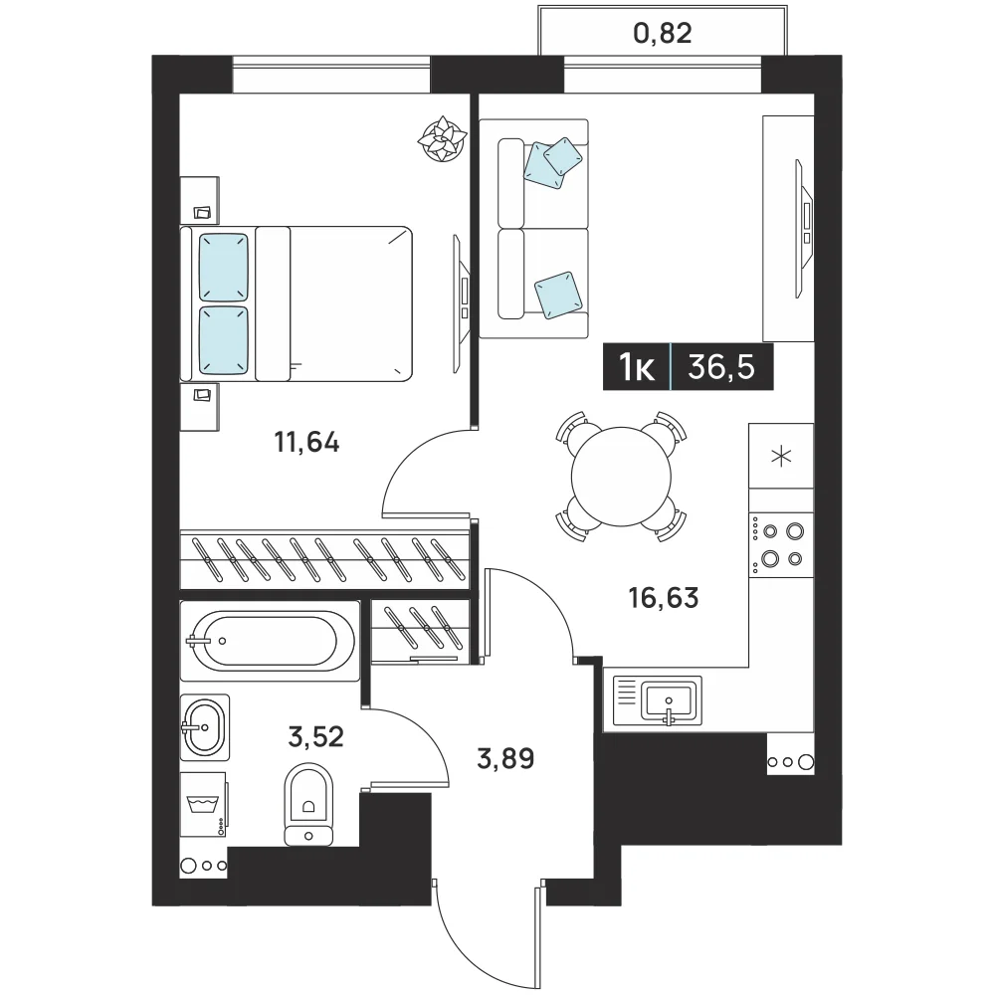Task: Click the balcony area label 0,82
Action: (663, 33)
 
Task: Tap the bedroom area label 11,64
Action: (306, 442)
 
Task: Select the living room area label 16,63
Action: (664, 597)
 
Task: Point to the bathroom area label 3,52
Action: (316, 736)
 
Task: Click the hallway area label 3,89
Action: (505, 757)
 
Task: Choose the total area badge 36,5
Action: (721, 367)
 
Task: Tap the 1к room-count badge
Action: (637, 367)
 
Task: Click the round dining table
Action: (621, 477)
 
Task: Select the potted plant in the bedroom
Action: (443, 139)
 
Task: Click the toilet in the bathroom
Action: (309, 804)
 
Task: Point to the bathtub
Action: (271, 641)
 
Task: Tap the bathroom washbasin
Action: (204, 727)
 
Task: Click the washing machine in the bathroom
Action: (204, 805)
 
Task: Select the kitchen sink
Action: (658, 700)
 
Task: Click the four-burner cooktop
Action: (781, 544)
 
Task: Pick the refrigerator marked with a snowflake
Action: (781, 456)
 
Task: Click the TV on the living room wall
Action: (804, 229)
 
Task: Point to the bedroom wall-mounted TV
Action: (462, 303)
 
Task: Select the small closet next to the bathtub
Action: (420, 632)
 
